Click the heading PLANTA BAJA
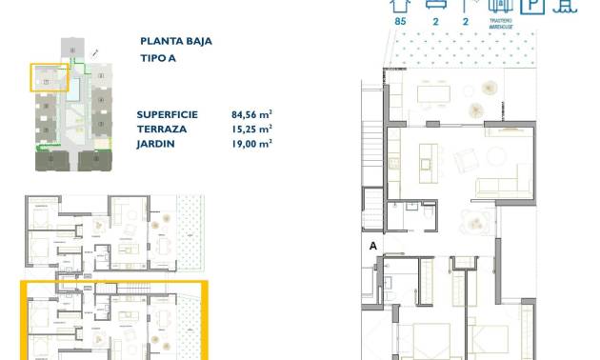[x=175, y=41]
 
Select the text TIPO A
[x=157, y=58]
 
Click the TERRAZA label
[x=161, y=128]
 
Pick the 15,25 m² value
[x=251, y=128]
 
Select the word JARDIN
[x=156, y=144]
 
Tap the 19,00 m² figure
[x=251, y=144]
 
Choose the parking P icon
[x=535, y=5]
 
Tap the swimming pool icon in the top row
[x=566, y=5]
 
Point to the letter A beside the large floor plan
[x=373, y=245]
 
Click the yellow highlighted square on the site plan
[x=50, y=77]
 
